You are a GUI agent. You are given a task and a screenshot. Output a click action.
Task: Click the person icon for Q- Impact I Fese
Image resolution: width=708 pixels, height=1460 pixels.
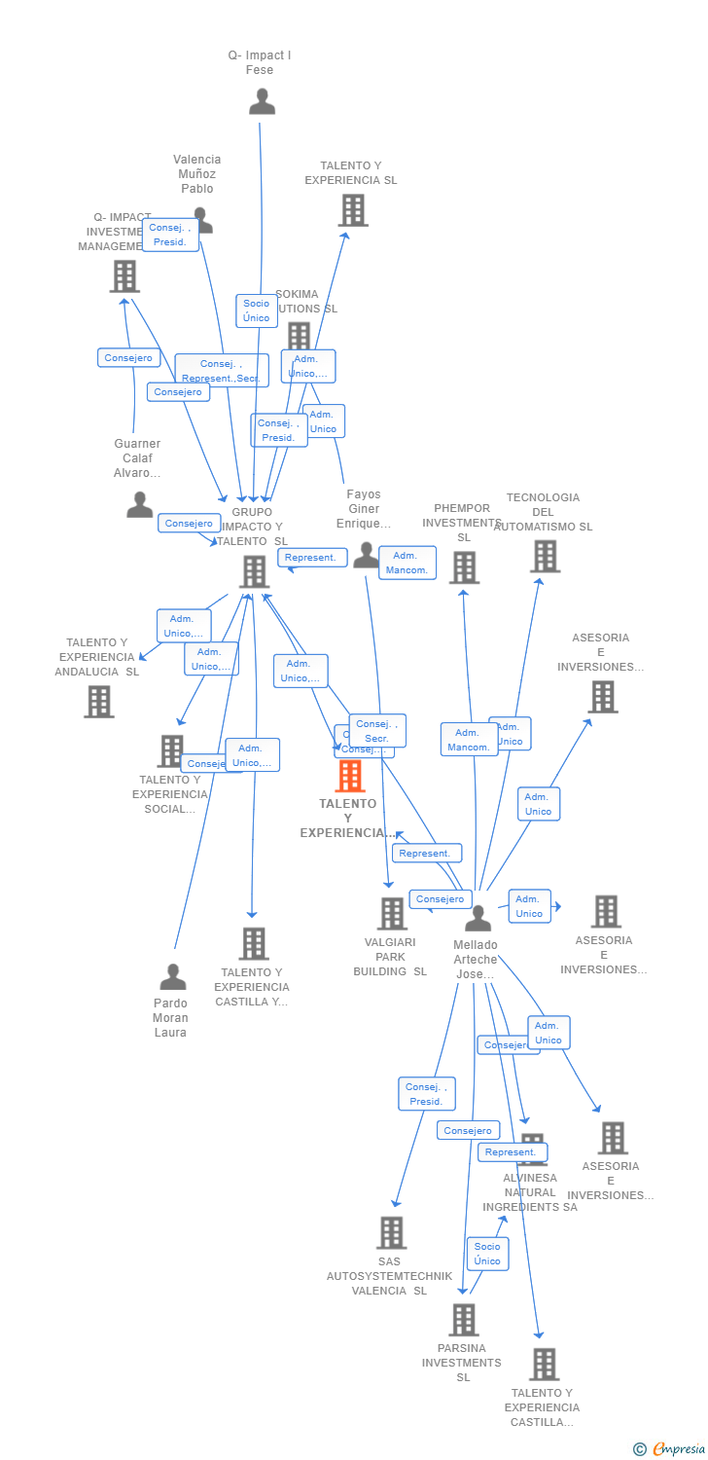point(262,101)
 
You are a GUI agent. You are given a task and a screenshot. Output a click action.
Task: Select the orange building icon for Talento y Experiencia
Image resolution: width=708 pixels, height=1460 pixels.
point(350,776)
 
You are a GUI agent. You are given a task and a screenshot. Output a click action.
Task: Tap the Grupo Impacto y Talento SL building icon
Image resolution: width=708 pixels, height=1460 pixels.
point(254,571)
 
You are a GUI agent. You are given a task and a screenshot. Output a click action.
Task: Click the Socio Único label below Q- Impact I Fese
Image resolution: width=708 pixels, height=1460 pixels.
point(257,310)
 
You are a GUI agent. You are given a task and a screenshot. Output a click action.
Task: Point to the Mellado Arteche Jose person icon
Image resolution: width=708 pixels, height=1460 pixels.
point(478,918)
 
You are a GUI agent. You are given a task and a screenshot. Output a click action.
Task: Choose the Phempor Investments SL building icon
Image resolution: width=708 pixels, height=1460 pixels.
point(464,566)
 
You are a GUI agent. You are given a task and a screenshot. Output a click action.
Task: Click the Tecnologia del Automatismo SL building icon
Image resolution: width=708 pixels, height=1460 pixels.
point(545,556)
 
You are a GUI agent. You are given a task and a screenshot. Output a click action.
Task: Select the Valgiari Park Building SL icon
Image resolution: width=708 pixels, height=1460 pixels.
point(392,913)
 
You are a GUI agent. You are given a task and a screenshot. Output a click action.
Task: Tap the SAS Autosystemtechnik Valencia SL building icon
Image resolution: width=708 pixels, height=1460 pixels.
point(391,1232)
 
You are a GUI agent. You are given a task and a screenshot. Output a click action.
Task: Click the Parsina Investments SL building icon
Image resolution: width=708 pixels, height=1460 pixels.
point(463,1319)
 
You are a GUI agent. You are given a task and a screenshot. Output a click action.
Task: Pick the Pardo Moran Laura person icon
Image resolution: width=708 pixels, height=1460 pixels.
point(172,976)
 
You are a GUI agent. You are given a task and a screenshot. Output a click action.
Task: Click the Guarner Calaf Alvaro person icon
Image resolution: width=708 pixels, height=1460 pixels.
point(140,504)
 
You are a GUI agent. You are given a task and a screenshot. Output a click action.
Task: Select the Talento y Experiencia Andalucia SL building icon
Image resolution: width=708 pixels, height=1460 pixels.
point(98,701)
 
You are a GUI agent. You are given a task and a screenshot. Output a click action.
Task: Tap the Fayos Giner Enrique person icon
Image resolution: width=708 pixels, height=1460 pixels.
point(366,555)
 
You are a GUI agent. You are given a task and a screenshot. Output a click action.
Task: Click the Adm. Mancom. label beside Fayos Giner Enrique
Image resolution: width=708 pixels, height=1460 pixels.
point(407,563)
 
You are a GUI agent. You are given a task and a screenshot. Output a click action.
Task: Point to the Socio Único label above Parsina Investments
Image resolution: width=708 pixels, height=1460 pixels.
point(487,1254)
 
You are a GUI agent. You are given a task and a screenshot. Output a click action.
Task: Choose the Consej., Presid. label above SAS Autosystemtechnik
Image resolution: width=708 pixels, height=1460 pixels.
point(426,1094)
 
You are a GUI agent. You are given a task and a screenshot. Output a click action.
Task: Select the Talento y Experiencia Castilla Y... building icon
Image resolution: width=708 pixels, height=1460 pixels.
point(254,943)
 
